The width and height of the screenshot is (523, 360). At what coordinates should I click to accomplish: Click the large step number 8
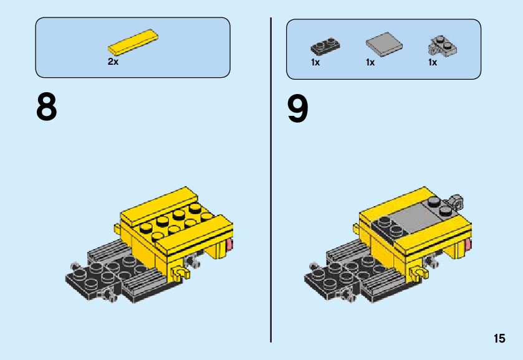tap(47, 107)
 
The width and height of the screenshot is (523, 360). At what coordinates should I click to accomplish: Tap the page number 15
tap(499, 338)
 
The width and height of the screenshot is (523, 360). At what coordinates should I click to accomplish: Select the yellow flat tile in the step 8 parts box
tap(133, 42)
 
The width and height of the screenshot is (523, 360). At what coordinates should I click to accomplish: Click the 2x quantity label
tap(113, 62)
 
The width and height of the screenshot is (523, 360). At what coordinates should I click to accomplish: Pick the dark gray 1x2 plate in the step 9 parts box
tap(325, 46)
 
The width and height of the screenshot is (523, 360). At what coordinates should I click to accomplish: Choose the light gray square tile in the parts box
tap(384, 44)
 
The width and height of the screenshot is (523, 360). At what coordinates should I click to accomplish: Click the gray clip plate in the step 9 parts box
tap(443, 46)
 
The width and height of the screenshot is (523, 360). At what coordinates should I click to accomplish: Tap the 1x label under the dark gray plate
tap(315, 62)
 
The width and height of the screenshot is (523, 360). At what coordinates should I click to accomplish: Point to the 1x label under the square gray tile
tap(370, 62)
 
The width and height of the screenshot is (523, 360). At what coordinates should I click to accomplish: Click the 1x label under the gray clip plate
tap(432, 62)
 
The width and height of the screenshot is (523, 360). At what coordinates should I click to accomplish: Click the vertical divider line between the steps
tap(271, 180)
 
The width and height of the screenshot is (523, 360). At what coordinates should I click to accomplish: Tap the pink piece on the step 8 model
tap(229, 245)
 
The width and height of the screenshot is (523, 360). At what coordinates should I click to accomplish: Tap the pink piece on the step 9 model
tap(468, 245)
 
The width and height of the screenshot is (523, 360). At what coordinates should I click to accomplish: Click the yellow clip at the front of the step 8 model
tap(180, 273)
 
